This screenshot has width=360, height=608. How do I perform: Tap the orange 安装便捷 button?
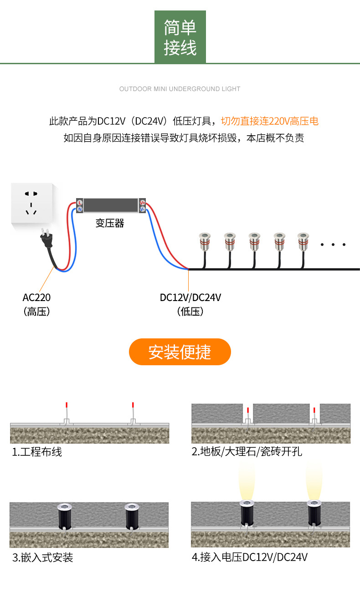coord(180,352)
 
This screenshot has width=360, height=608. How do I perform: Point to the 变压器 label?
coord(110,223)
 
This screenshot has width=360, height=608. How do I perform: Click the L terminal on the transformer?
coord(80,202)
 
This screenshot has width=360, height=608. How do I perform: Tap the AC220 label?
coord(36,297)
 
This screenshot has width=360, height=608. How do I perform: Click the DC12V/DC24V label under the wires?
coord(190,297)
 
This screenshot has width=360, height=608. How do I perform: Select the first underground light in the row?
coord(203,242)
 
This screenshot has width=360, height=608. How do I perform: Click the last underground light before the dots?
coord(303,242)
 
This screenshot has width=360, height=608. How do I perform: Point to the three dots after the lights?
coord(333,245)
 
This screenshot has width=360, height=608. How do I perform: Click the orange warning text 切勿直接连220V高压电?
coord(270,121)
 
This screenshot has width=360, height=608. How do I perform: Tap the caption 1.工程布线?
coord(37,452)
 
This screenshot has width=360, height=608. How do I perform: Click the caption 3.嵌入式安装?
coord(42,557)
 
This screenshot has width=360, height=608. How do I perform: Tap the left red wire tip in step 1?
coord(67,405)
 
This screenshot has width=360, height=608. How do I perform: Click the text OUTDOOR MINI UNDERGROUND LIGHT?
coord(180,89)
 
